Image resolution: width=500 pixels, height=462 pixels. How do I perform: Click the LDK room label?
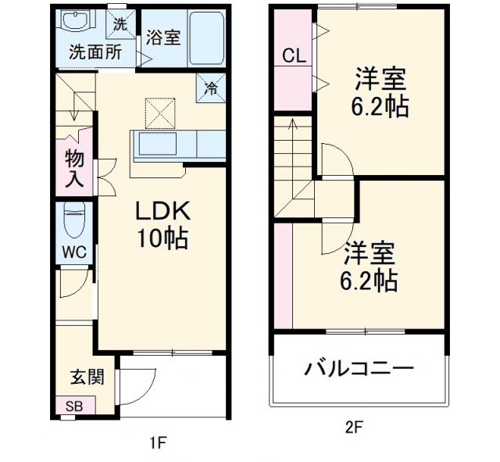pos(164,211)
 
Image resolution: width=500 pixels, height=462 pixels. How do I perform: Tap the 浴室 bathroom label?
pos(163,38)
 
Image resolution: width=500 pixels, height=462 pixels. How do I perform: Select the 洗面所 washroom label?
pos(95,53)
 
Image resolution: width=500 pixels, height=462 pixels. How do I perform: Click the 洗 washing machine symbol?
pos(120,24)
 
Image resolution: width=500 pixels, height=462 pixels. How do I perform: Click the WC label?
pos(75,252)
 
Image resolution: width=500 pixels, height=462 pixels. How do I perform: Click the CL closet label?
pos(293,56)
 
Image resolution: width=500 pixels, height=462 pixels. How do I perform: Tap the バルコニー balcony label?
pos(359,367)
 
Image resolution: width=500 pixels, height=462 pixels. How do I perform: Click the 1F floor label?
pos(158,443)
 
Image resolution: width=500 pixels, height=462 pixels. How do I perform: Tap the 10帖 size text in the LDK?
pos(163,238)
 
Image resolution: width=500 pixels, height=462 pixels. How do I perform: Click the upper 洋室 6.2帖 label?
pos(380,92)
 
